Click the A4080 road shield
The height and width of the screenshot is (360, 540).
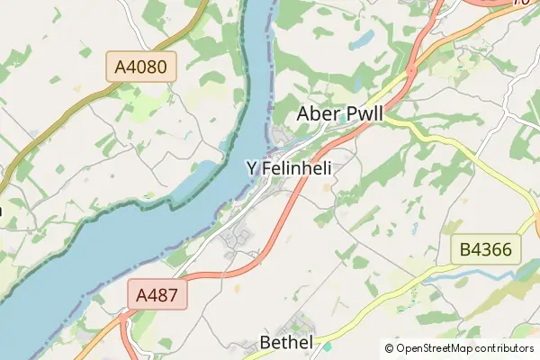click(x=141, y=67)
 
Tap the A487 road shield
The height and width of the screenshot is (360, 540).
click(x=162, y=295)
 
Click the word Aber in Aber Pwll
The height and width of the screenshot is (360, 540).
click(x=319, y=115)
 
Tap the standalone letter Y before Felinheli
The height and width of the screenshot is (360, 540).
click(x=252, y=168)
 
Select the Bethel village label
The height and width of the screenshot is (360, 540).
click(x=285, y=342)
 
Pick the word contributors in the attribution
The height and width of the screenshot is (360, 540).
click(x=505, y=348)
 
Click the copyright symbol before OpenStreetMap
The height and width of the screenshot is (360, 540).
click(x=389, y=348)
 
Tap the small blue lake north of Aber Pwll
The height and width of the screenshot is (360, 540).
click(x=363, y=40)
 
